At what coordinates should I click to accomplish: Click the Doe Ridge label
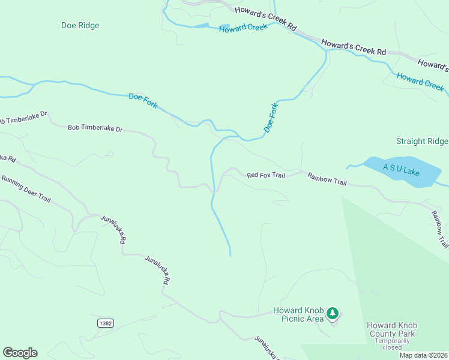[x=80, y=26]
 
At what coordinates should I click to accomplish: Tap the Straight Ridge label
[x=421, y=142]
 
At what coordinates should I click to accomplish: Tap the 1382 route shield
[x=104, y=323]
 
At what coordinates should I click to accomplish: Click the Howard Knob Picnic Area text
[x=298, y=314]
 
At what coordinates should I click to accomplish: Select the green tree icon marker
[x=333, y=313]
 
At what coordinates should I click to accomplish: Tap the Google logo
[x=20, y=353]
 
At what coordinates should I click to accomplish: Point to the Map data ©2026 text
[x=422, y=355]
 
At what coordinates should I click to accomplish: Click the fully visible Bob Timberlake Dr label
[x=95, y=128]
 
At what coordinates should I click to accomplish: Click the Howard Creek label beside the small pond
[x=243, y=28]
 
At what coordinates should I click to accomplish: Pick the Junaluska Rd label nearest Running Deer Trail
[x=113, y=229]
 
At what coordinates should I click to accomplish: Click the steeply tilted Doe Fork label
[x=271, y=118]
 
